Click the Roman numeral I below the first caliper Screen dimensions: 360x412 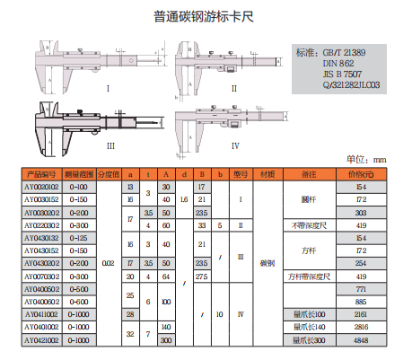click(109, 89)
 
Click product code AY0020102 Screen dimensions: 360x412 click(41, 186)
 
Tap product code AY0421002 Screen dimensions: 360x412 click(41, 341)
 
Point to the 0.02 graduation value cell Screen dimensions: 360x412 click(108, 263)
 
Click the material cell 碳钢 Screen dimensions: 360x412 click(267, 263)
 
